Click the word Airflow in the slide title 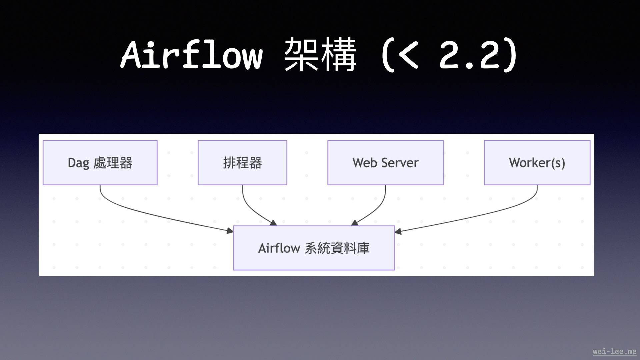pos(192,55)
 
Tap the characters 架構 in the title pos(320,55)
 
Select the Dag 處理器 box pos(100,163)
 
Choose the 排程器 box pos(242,163)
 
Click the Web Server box pos(385,163)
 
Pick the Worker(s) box pos(537,163)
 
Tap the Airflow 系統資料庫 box pos(314,248)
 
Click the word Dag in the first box pos(78,163)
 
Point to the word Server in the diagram pos(400,163)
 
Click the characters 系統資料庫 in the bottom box pos(337,248)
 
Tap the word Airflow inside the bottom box pos(279,248)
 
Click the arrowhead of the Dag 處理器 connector pos(230,231)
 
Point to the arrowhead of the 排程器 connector pos(274,223)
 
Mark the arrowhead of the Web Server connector pos(355,223)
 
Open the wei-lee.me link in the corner pos(614,351)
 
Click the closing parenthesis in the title pos(510,55)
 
